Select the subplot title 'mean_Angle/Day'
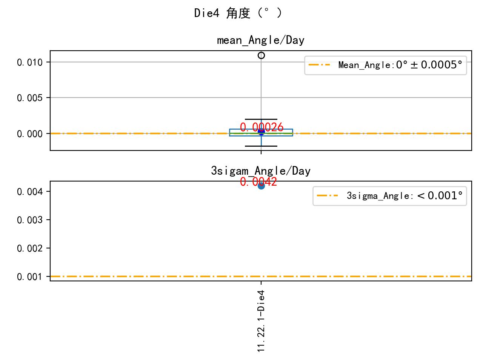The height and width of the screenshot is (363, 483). [x=260, y=40]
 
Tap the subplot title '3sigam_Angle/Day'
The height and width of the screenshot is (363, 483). [x=260, y=171]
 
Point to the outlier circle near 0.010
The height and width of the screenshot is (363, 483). [x=261, y=56]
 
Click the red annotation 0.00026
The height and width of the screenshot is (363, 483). [x=261, y=127]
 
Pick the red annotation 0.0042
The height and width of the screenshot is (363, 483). [x=258, y=182]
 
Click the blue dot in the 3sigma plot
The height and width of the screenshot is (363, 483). [x=261, y=186]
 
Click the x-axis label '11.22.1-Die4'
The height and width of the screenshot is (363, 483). [x=261, y=321]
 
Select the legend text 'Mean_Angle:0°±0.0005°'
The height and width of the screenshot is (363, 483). [x=400, y=65]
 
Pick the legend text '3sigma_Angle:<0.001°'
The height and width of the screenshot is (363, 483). [x=405, y=196]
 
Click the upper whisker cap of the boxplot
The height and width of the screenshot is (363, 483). [x=261, y=119]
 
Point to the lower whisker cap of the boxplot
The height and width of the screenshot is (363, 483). [x=261, y=146]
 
